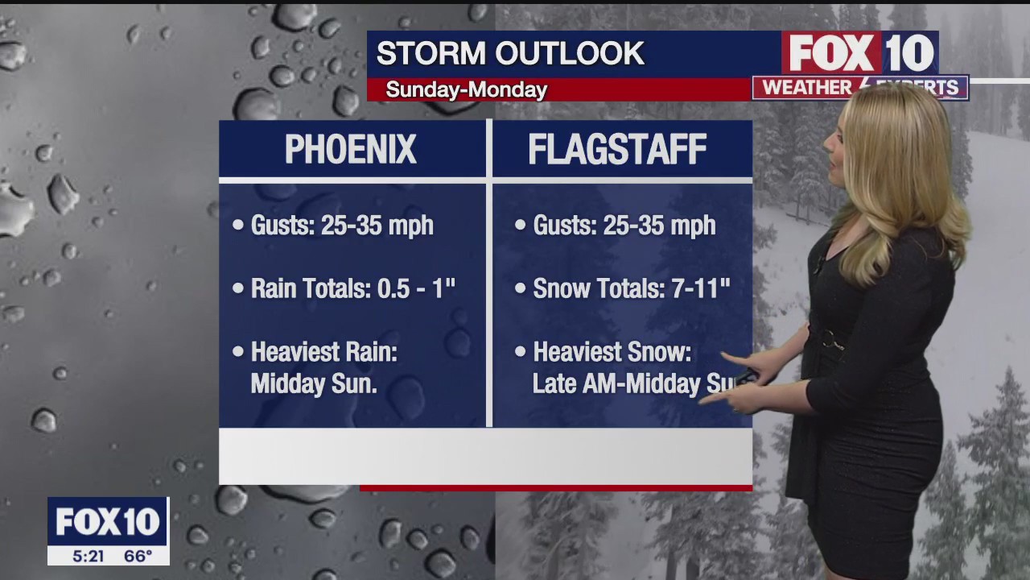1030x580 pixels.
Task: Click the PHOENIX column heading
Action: pos(351,150)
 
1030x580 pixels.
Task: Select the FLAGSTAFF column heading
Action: pos(617,150)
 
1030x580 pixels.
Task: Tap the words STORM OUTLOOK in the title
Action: pos(510,54)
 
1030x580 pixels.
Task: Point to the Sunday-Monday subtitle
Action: pos(466,89)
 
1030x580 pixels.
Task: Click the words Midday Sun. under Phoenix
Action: pos(314,384)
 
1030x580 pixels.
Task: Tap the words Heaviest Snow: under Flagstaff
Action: pos(612,352)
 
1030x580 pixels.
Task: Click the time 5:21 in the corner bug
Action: pos(88,556)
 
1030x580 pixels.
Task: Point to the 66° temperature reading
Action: pos(138,556)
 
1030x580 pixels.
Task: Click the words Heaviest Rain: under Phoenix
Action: pos(324,352)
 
